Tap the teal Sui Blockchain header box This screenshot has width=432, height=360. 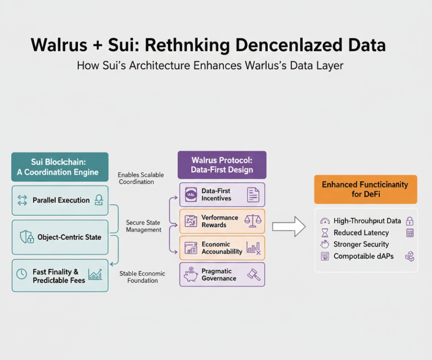click(60, 167)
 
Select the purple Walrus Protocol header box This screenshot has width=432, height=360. click(222, 165)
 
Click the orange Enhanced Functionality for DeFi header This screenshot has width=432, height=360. click(366, 190)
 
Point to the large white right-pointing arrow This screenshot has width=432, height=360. click(289, 227)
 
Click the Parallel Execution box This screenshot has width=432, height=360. click(60, 200)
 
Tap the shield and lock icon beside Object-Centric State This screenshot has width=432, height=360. click(27, 237)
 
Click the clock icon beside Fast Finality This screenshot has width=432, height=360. click(22, 274)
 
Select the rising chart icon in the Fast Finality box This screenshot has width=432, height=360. click(95, 274)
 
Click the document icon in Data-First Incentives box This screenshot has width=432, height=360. click(253, 195)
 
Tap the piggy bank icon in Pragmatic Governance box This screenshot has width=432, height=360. click(191, 274)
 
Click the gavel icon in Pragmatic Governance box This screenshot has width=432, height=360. click(254, 275)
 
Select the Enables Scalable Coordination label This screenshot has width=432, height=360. click(141, 178)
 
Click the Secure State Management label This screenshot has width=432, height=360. click(143, 226)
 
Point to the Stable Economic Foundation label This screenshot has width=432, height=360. click(142, 277)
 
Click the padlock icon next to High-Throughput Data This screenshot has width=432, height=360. click(410, 221)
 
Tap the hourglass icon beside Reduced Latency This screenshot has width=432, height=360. click(325, 233)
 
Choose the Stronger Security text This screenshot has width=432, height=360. click(361, 244)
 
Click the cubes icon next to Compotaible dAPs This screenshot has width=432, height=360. click(410, 256)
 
